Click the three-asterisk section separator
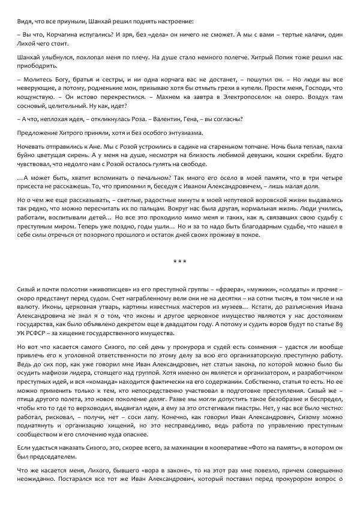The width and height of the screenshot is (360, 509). click(180, 262)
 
